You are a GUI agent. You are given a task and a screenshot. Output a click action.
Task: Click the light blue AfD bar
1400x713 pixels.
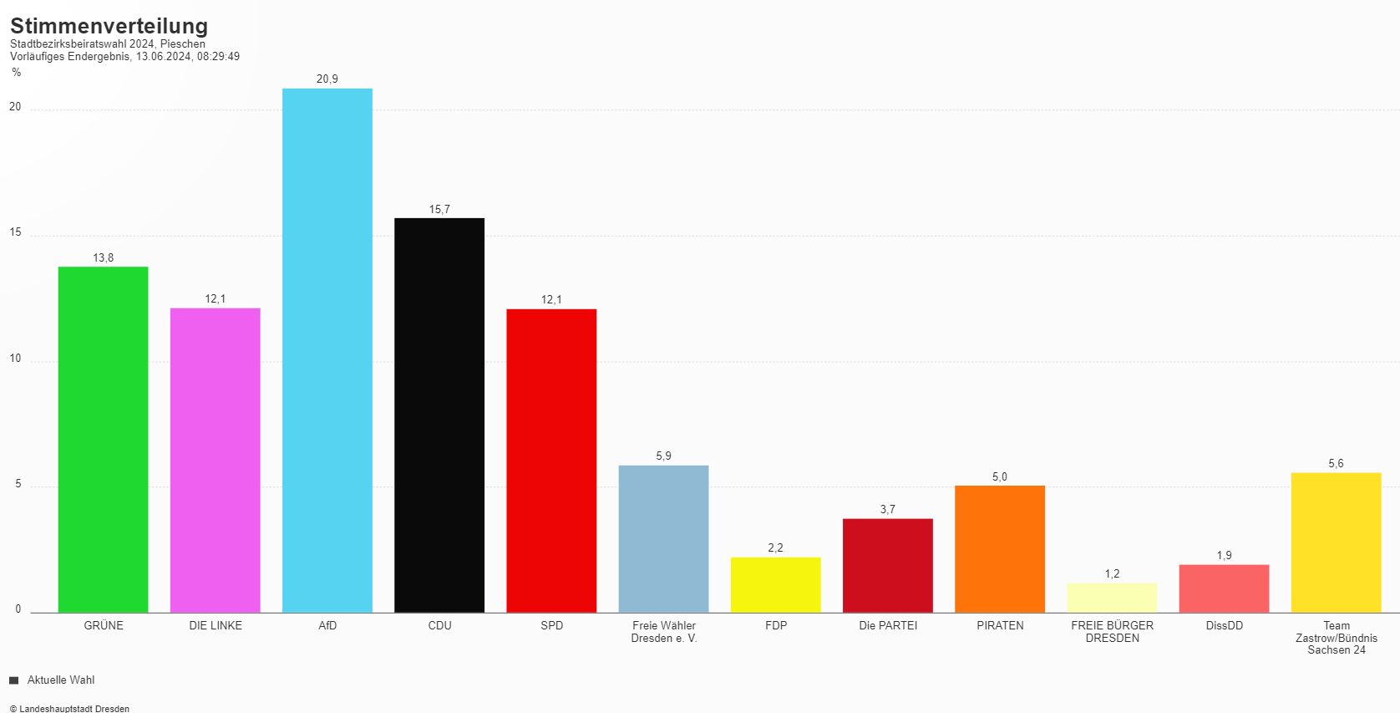(x=327, y=350)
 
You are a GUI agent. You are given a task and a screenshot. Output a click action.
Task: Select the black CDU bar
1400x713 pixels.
(x=439, y=415)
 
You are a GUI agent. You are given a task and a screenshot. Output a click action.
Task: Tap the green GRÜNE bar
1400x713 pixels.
(x=103, y=440)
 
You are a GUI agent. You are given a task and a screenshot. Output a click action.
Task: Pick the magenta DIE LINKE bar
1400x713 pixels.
(x=216, y=460)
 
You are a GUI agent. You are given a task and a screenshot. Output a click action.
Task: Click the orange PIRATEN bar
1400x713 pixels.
(x=1000, y=548)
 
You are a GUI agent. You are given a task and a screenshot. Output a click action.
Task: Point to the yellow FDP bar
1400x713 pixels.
(x=775, y=584)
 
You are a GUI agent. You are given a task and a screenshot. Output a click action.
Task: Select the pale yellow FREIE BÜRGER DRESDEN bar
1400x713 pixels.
(x=1112, y=598)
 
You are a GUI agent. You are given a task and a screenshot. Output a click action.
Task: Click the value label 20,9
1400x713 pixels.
(x=327, y=79)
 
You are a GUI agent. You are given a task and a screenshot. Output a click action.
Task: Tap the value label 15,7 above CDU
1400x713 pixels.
(x=439, y=209)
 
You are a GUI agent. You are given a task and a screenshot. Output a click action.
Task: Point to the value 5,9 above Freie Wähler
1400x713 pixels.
(x=663, y=456)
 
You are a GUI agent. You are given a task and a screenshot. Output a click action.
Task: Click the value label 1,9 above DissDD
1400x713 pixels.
(x=1224, y=555)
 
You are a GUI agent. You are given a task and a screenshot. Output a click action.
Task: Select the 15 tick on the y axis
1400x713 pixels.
(x=15, y=232)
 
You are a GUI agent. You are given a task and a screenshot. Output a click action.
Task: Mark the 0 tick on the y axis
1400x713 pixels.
(x=18, y=609)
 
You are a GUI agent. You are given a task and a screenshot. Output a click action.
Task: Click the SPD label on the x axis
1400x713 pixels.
(x=551, y=625)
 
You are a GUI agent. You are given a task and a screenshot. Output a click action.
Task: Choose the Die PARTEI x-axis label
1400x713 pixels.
(x=887, y=625)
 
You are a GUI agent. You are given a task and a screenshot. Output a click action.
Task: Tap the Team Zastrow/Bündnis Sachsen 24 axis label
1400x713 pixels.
(x=1336, y=637)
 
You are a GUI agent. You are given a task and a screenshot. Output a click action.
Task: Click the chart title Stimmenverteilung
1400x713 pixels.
(x=109, y=26)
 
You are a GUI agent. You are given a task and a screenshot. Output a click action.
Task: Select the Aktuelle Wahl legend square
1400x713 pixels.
(x=13, y=680)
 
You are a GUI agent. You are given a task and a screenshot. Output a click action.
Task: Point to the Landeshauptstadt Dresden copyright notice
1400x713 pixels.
(x=69, y=709)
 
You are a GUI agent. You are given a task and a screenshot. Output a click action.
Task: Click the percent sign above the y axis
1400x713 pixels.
(x=16, y=73)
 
